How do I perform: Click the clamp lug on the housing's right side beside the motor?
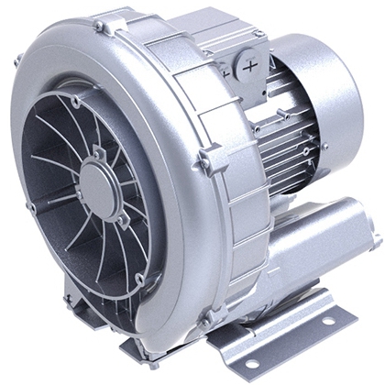point(203,163)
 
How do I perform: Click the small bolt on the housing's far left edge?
point(16,62)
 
